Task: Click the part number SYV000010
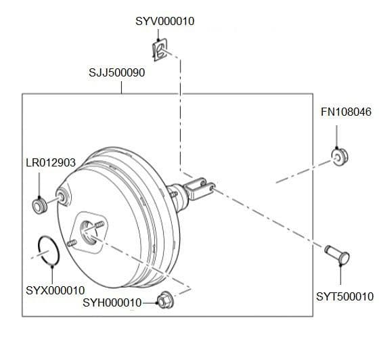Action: pos(164,21)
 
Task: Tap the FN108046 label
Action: pos(346,112)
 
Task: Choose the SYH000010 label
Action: pos(112,302)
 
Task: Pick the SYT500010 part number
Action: pos(344,296)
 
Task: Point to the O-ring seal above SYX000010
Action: pos(49,250)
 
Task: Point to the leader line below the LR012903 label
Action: pos(41,183)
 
